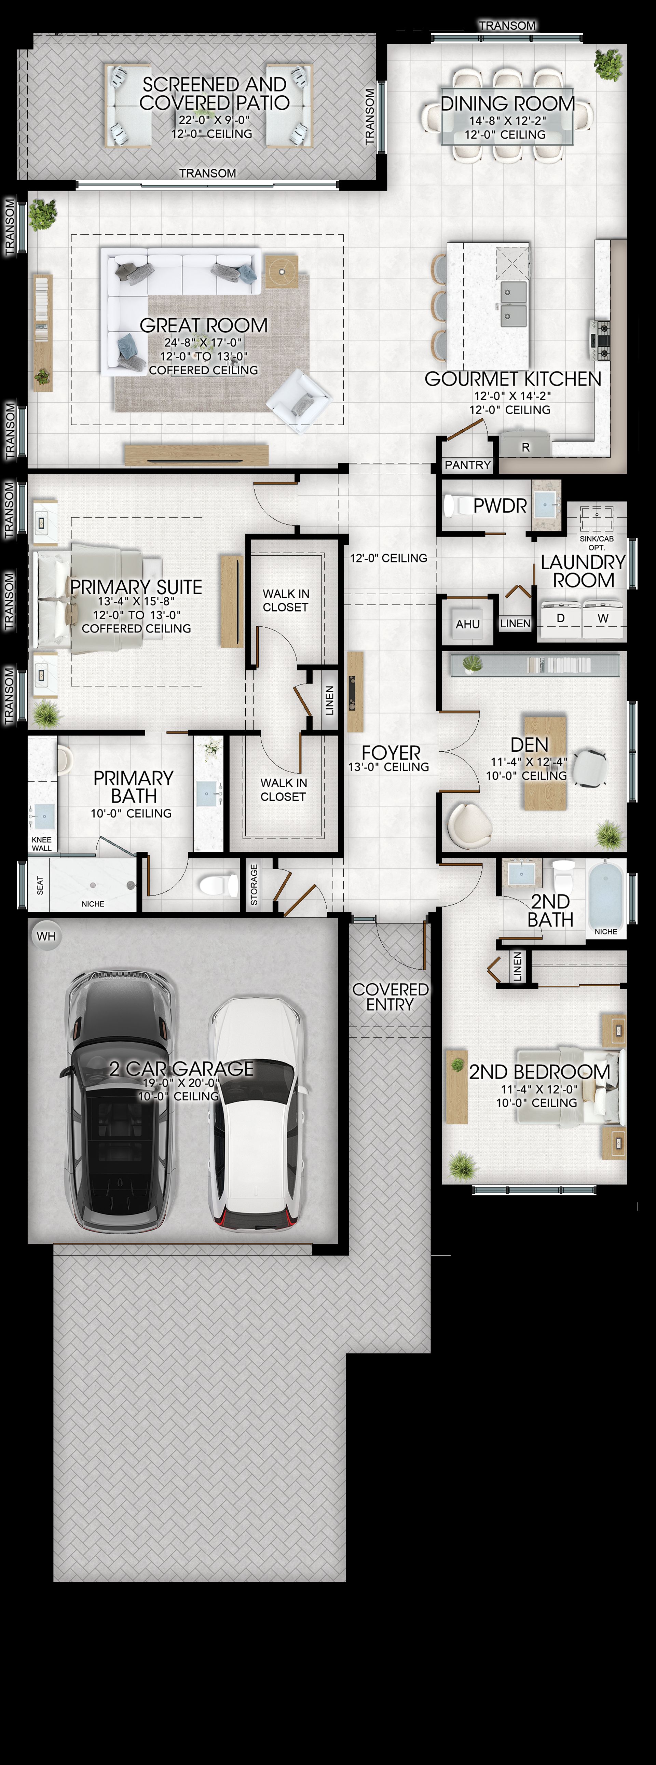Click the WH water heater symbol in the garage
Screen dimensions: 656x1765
pos(46,936)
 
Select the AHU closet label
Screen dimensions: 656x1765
pos(467,624)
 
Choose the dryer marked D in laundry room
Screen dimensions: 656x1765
pos(561,619)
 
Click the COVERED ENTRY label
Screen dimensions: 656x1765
pos(390,997)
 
